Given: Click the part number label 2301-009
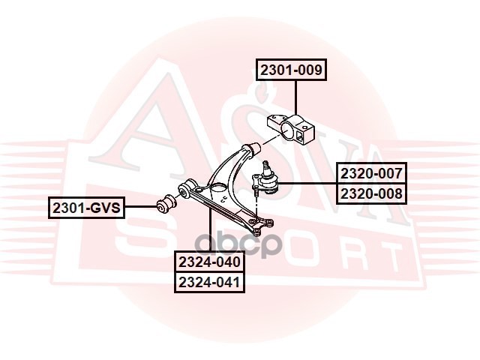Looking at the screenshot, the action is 291,71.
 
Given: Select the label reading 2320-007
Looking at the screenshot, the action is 371,173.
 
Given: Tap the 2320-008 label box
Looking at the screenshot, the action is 371,193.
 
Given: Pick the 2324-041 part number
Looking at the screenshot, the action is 209,283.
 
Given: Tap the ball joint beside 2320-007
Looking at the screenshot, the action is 267,180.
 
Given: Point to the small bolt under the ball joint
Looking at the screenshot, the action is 256,194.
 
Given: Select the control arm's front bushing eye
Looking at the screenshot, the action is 188,185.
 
